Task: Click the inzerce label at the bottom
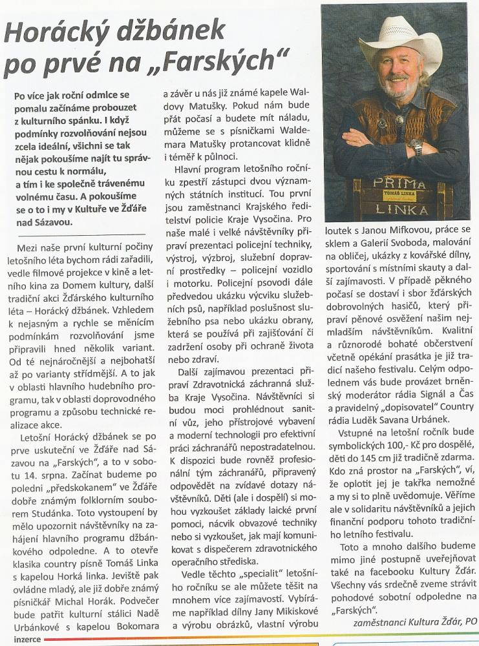click(21, 639)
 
